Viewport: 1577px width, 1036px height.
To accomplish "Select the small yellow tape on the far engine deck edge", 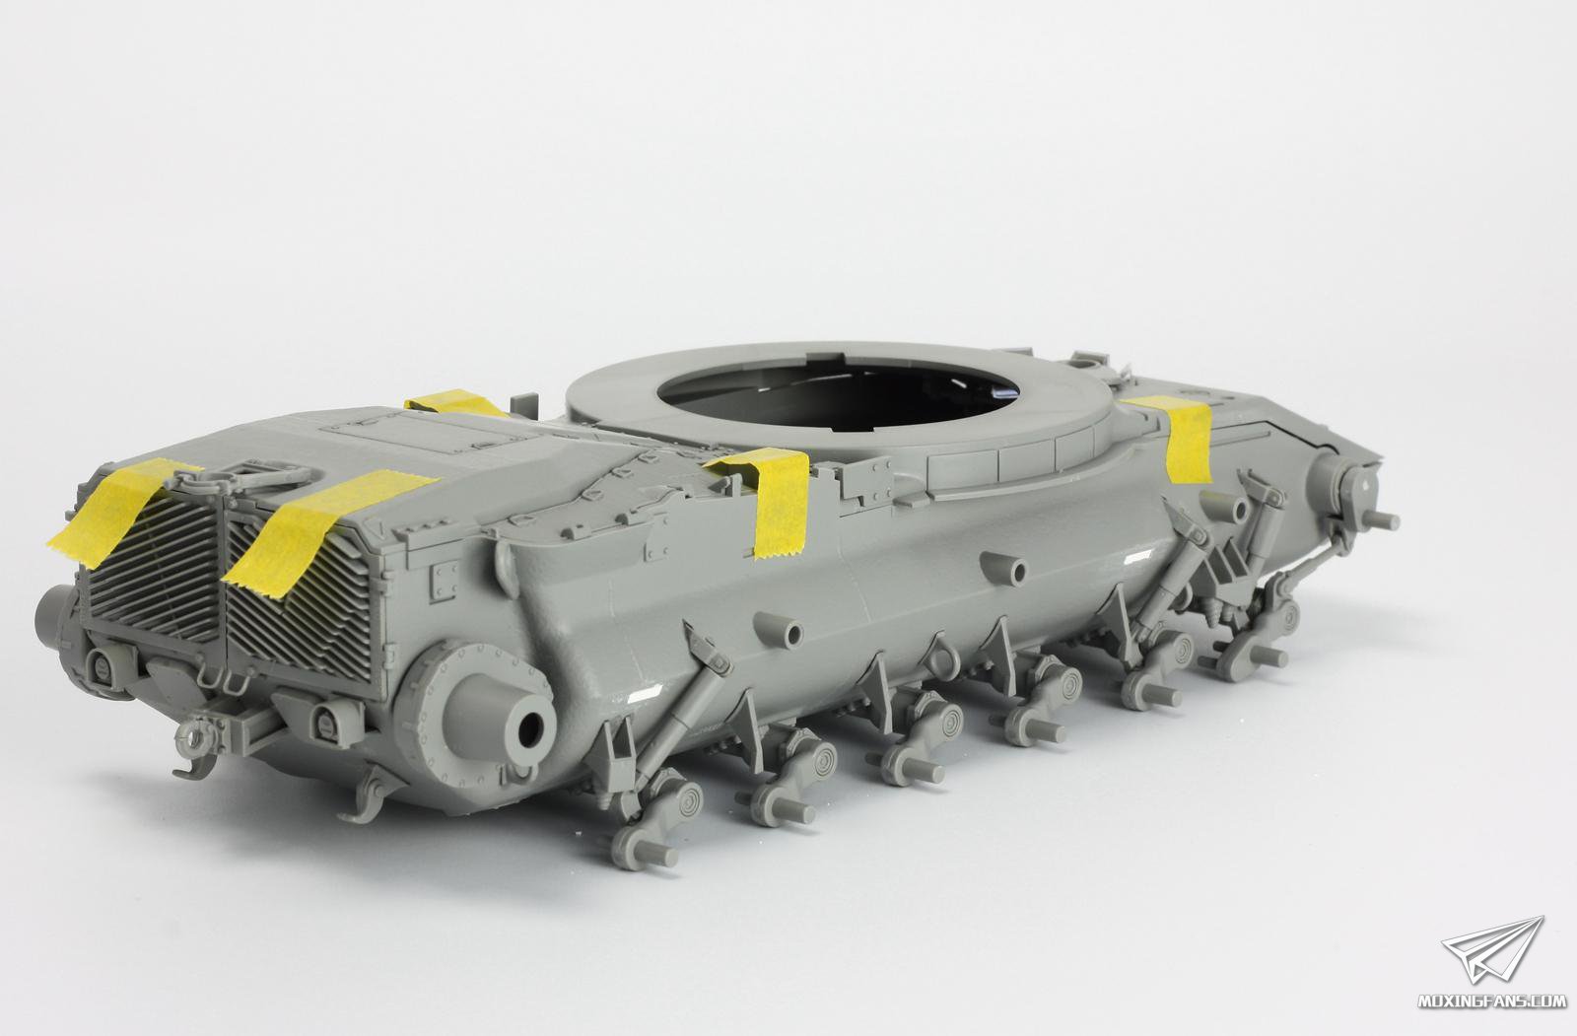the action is (x=454, y=403).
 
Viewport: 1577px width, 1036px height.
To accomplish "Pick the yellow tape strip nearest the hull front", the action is (x=1177, y=437).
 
